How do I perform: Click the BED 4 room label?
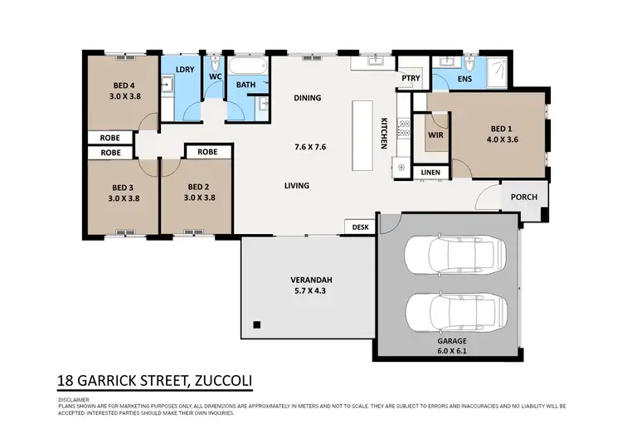click(124, 85)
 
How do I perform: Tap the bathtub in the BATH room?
click(248, 66)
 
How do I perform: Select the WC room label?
click(215, 76)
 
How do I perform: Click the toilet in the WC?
click(215, 64)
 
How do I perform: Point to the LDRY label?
click(185, 70)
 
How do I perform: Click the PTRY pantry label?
click(411, 78)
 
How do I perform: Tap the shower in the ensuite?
click(497, 73)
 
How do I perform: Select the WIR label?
click(435, 135)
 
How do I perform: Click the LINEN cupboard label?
click(430, 173)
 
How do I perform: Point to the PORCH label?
click(524, 197)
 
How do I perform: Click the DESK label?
click(360, 227)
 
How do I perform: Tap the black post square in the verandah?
click(257, 324)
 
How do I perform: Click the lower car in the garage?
click(457, 313)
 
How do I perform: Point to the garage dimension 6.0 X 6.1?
click(452, 351)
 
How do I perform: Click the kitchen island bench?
click(362, 136)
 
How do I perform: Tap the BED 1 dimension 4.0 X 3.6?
click(503, 139)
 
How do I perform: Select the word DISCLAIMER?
click(74, 400)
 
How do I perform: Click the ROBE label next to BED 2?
click(207, 152)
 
